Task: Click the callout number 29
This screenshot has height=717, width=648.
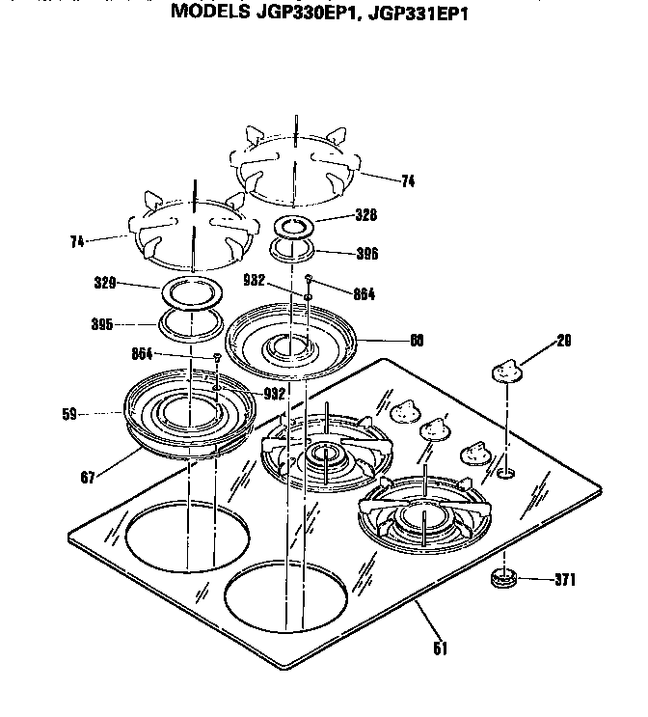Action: click(x=564, y=340)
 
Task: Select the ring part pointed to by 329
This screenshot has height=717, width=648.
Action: click(x=190, y=289)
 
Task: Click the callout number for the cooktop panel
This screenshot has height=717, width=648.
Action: click(x=440, y=648)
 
